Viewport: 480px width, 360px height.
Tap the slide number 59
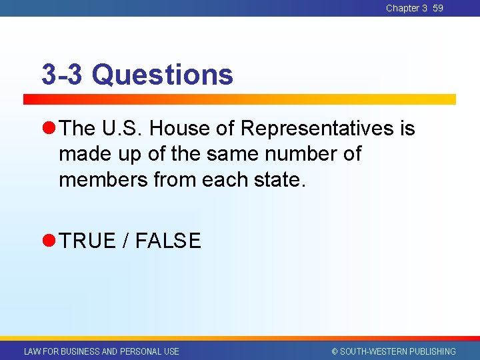click(437, 8)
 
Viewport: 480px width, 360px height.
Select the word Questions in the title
click(163, 75)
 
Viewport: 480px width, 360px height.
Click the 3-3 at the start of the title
click(62, 75)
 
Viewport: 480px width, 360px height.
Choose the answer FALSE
click(168, 241)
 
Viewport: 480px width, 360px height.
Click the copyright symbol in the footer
click(335, 351)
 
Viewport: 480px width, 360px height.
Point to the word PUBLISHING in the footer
click(433, 351)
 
